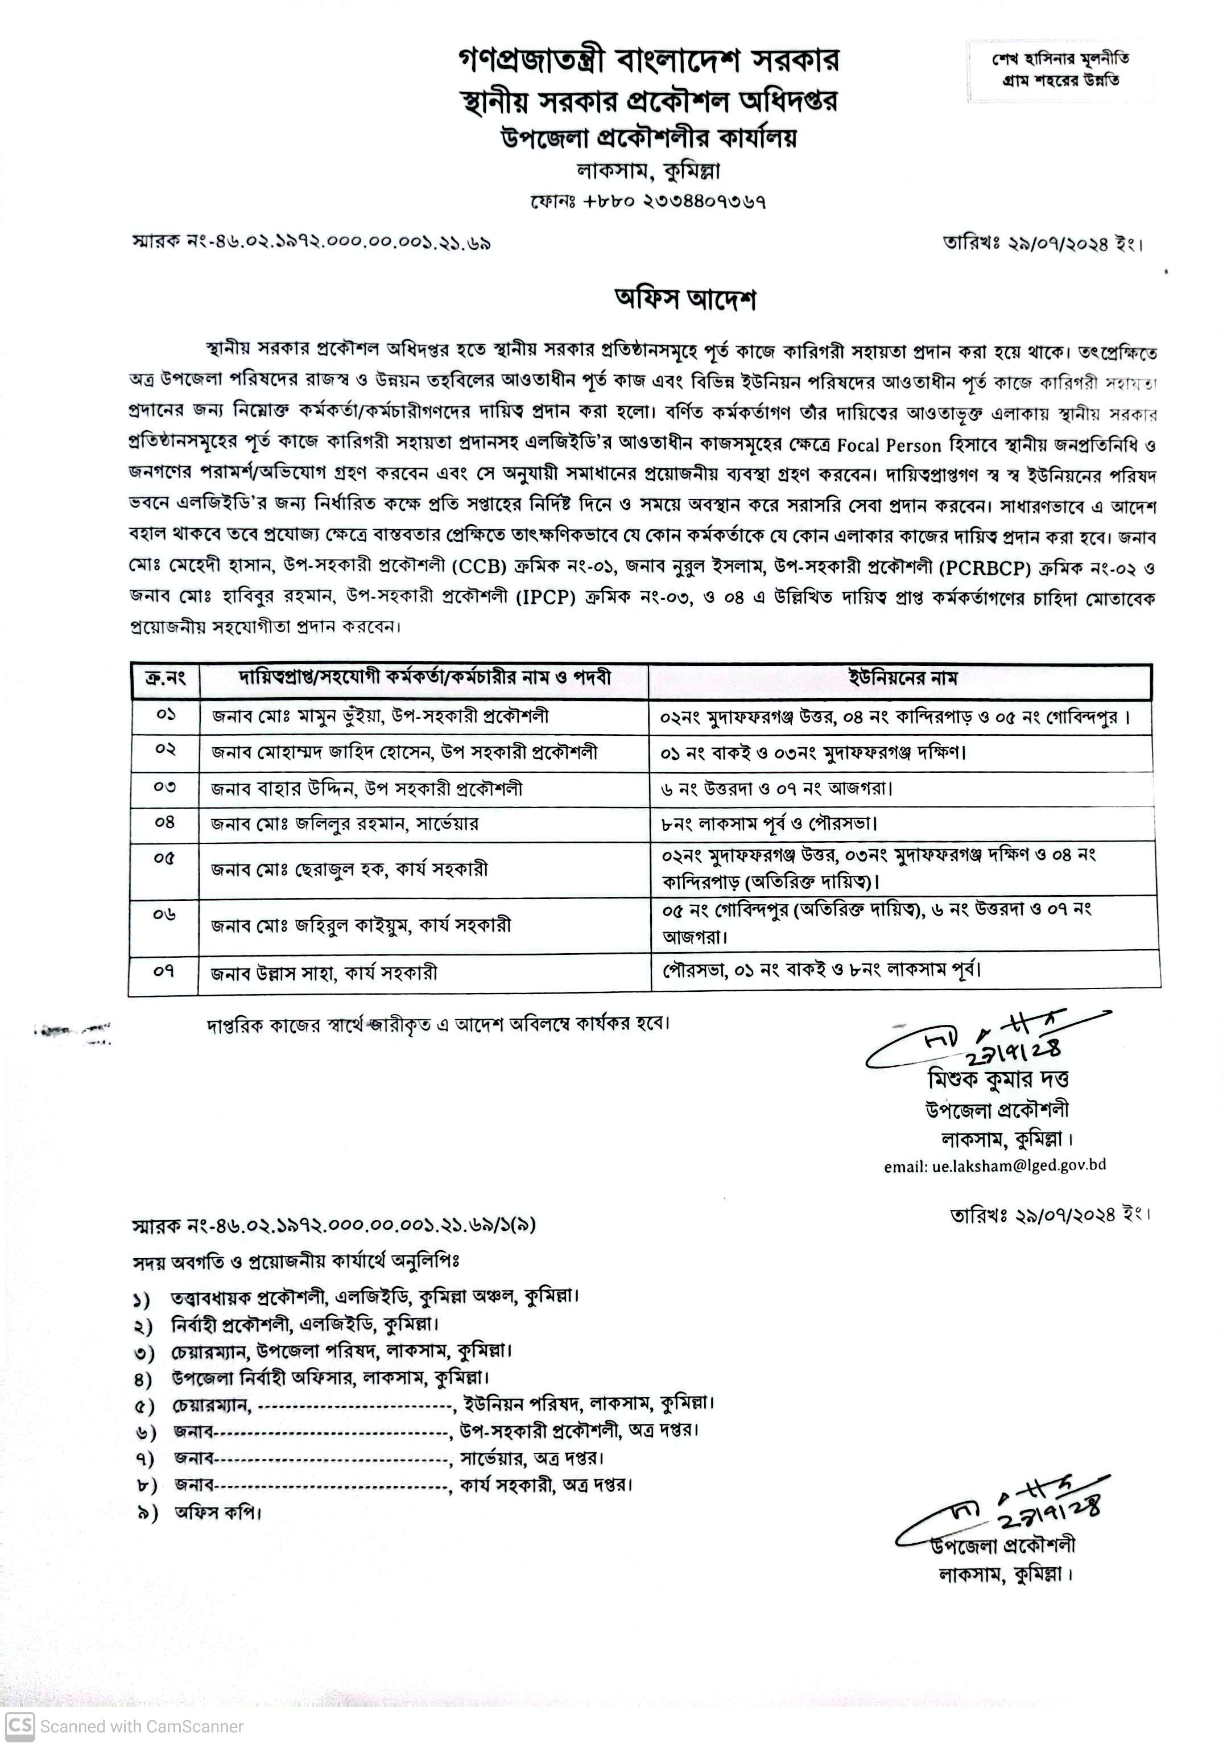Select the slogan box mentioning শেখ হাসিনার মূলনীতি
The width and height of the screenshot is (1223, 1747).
click(x=1060, y=69)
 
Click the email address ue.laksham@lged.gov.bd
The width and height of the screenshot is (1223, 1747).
click(x=994, y=1165)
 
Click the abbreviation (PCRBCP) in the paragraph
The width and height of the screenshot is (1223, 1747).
click(x=982, y=567)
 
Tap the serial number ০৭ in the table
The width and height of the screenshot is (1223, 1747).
click(x=164, y=971)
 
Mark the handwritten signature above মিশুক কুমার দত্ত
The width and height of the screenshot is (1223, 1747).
click(x=989, y=1039)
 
